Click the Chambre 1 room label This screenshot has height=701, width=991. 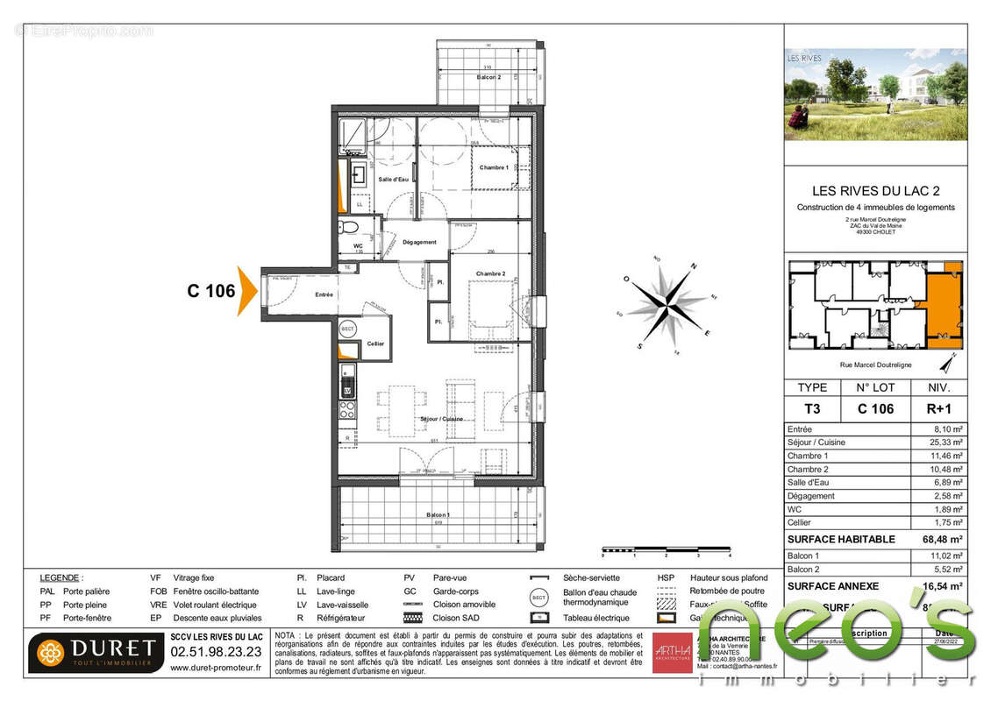pyautogui.click(x=494, y=166)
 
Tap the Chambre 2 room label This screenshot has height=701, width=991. pyautogui.click(x=491, y=274)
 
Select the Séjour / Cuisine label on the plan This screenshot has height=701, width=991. pyautogui.click(x=441, y=419)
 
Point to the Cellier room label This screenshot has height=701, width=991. pyautogui.click(x=375, y=343)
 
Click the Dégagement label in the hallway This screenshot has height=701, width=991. pyautogui.click(x=419, y=243)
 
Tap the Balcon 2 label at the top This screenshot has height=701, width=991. pyautogui.click(x=488, y=77)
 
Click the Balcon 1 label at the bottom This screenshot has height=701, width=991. pyautogui.click(x=438, y=514)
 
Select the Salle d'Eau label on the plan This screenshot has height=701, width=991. pyautogui.click(x=393, y=179)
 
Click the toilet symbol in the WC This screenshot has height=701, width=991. pyautogui.click(x=348, y=228)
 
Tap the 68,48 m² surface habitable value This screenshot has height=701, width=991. pyautogui.click(x=944, y=539)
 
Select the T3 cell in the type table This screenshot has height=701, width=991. pyautogui.click(x=811, y=407)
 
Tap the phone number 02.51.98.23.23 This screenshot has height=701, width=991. pyautogui.click(x=215, y=652)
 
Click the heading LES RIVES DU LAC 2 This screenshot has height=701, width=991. pyautogui.click(x=875, y=191)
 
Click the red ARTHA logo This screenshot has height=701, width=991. pyautogui.click(x=671, y=652)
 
